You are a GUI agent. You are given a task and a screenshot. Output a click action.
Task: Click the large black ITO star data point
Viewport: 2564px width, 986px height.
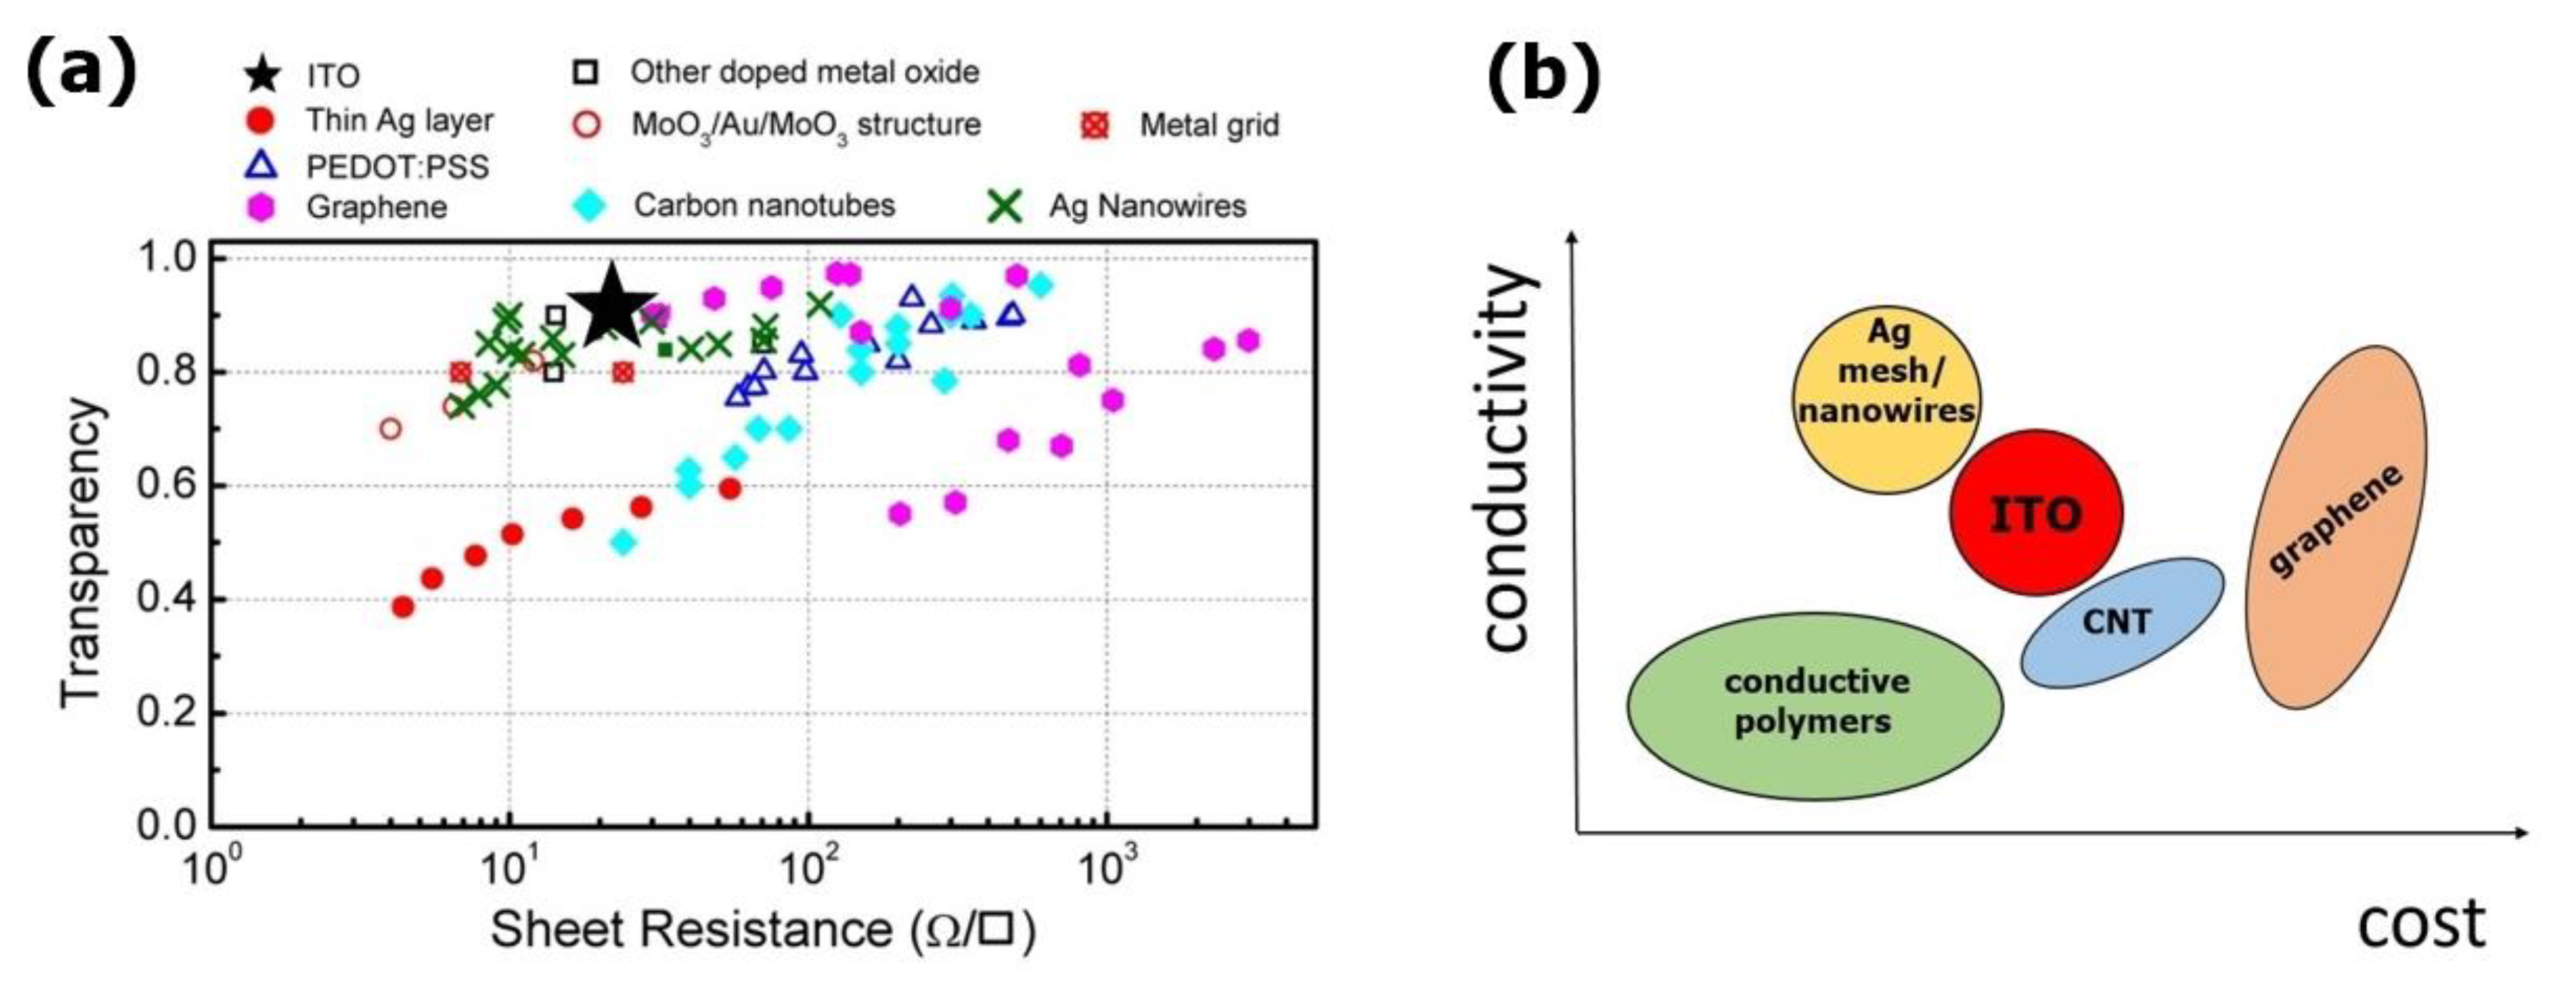(x=611, y=306)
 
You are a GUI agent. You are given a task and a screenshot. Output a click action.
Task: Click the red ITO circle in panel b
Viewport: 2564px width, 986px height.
(x=2036, y=513)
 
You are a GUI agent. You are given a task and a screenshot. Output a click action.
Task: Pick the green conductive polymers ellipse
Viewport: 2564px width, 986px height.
(x=1815, y=704)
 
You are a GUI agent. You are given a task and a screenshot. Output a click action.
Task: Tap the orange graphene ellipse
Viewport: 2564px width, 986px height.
(x=2336, y=527)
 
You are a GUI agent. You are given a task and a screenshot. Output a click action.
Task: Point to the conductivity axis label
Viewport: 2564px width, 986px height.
(x=1505, y=457)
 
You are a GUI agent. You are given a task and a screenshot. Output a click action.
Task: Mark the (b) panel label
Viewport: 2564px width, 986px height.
(x=1543, y=75)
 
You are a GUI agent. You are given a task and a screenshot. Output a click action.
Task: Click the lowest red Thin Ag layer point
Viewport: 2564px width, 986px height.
(x=403, y=607)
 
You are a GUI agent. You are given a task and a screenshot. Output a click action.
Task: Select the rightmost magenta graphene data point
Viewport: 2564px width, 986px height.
(x=1248, y=340)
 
